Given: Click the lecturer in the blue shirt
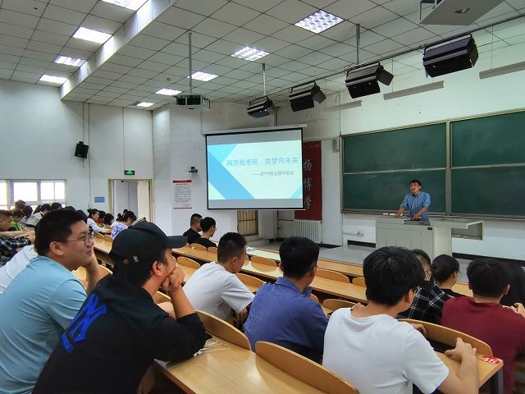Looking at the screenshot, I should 416,201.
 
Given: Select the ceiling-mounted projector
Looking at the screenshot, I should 193,102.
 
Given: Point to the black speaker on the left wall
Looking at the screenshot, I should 81,149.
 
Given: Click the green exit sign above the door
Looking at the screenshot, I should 129,172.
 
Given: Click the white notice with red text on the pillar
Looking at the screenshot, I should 182,195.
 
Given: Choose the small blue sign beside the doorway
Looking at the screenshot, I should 99,199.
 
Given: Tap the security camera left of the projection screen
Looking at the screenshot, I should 193,170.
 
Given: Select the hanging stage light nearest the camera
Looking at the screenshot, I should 450,56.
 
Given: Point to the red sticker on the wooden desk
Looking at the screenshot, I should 490,360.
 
